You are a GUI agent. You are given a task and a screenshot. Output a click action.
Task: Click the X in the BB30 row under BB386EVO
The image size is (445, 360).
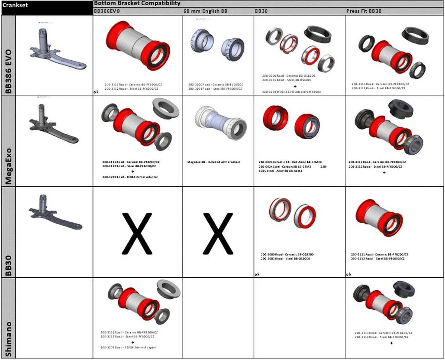click(x=137, y=233)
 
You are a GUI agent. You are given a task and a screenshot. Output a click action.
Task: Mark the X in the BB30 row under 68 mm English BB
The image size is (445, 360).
click(x=217, y=233)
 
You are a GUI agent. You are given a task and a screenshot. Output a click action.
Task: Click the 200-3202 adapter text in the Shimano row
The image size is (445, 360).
click(x=128, y=347)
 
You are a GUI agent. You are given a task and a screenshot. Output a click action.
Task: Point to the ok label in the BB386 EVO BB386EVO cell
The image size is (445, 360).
click(x=95, y=92)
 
